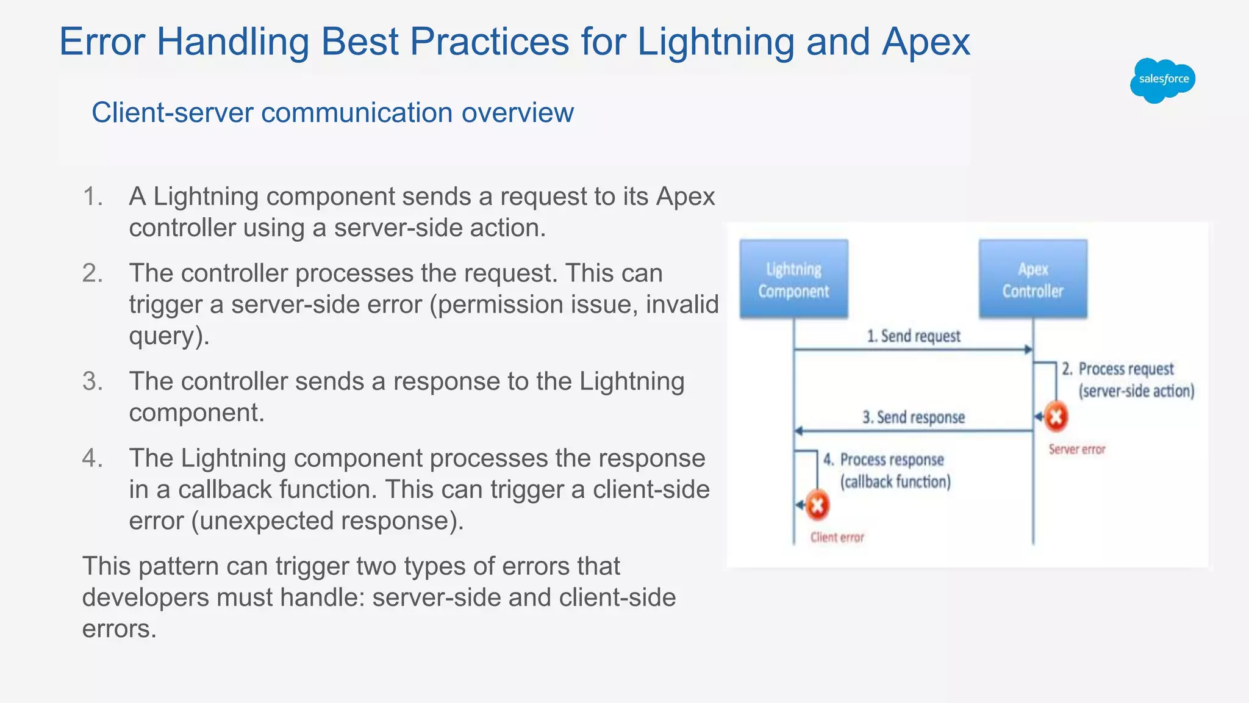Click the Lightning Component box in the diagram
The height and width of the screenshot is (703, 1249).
[x=793, y=279]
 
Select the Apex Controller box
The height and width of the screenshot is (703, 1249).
[x=1032, y=279]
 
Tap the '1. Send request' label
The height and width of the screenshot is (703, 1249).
[x=913, y=336]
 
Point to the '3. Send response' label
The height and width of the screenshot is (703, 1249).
[x=913, y=417]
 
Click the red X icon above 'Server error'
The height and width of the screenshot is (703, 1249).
[x=1056, y=417]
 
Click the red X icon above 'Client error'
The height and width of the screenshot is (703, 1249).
[x=817, y=505]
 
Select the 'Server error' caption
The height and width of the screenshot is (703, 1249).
[x=1076, y=450]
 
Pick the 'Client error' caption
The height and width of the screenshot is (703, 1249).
[x=837, y=538]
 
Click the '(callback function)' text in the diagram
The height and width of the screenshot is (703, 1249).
[x=895, y=482]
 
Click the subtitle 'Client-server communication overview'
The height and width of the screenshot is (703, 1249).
[x=332, y=113]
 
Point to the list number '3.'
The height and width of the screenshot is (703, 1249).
[x=93, y=381]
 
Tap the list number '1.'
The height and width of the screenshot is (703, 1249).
[x=93, y=196]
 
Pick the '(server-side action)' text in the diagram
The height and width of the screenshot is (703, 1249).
[x=1136, y=391]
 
